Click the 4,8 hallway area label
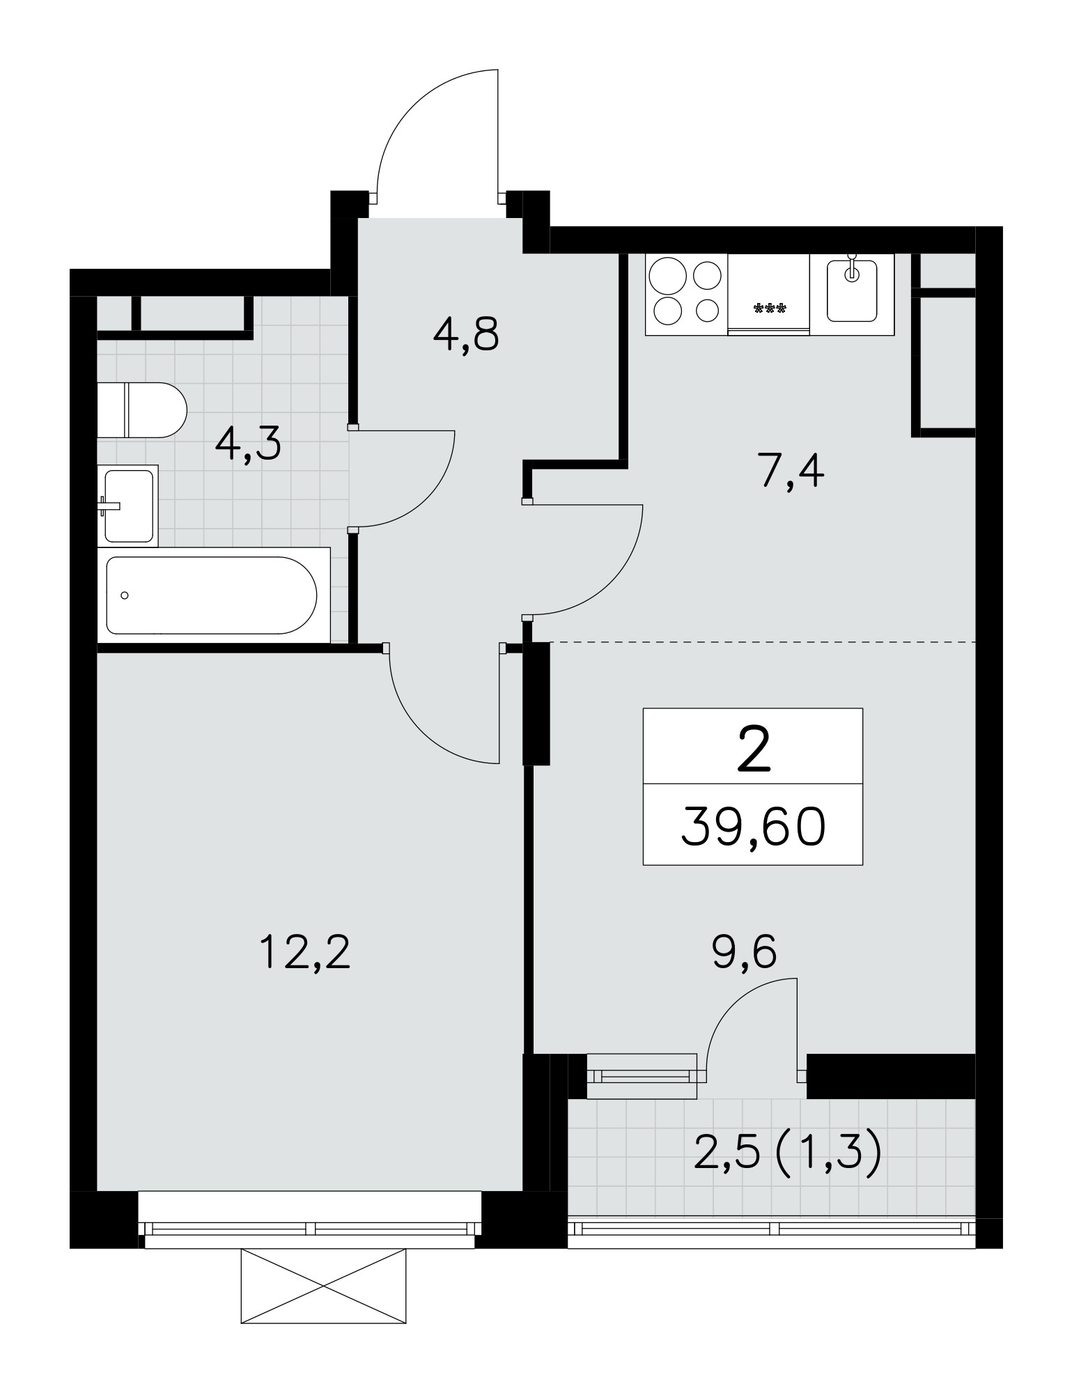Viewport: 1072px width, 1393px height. click(x=466, y=336)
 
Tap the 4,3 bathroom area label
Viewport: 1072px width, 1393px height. click(x=248, y=444)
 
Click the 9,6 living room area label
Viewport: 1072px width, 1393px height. click(x=744, y=952)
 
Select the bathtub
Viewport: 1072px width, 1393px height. click(x=213, y=596)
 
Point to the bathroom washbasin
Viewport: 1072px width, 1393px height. click(x=128, y=506)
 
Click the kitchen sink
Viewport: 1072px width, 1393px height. click(x=851, y=291)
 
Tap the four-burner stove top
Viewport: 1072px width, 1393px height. click(x=686, y=294)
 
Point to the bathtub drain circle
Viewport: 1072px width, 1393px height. click(x=125, y=596)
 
